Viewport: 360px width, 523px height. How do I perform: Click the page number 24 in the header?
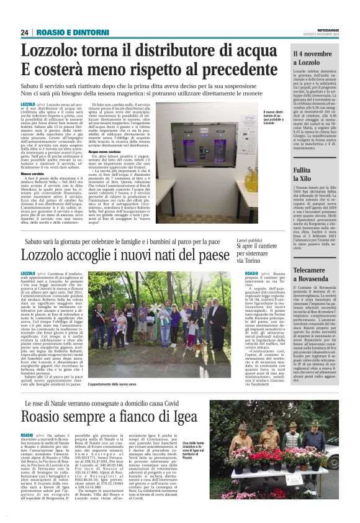pyautogui.click(x=25, y=32)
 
